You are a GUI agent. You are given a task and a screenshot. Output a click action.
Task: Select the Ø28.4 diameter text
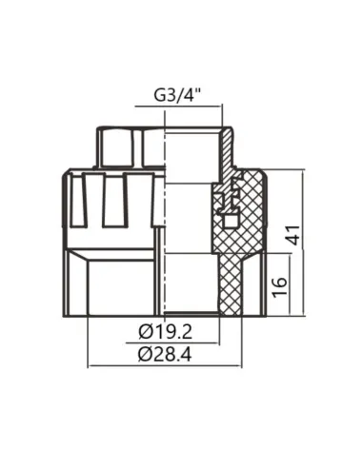pos(165,355)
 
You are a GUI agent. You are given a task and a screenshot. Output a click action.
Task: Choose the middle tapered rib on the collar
pos(114,200)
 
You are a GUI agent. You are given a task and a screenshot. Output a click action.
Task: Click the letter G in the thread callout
pos(157,96)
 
